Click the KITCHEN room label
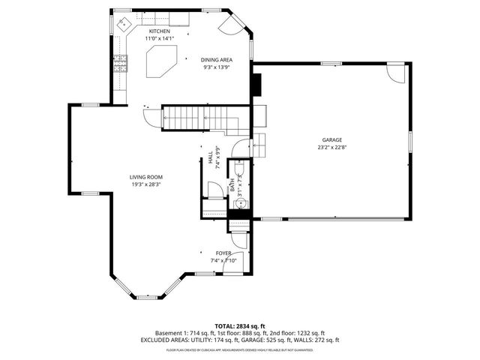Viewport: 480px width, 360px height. pos(159,31)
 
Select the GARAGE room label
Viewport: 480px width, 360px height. pos(332,139)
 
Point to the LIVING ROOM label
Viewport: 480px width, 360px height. pos(146,176)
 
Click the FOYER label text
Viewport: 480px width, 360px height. pos(223,253)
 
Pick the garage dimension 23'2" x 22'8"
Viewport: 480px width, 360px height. pos(332,147)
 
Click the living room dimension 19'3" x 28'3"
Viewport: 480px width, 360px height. pos(146,184)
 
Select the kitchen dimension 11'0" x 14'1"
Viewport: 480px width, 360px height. pos(159,38)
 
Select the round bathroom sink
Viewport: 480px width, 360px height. pos(241,202)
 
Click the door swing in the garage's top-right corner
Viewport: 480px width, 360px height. pos(392,73)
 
